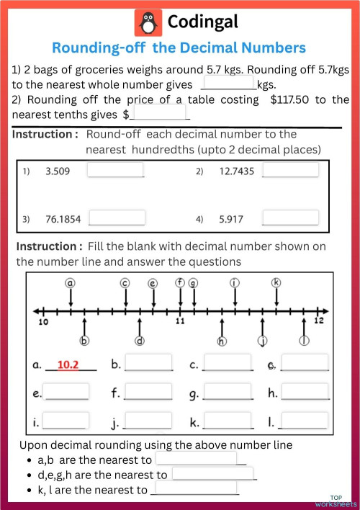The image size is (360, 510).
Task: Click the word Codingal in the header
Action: [x=202, y=23]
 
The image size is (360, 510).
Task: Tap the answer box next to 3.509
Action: [x=115, y=171]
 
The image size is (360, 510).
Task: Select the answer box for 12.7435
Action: [x=290, y=170]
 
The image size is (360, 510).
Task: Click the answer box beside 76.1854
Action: [x=117, y=218]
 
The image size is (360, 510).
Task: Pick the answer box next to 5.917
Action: [x=290, y=218]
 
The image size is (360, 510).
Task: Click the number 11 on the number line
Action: [x=181, y=321]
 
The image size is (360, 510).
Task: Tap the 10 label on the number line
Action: [x=43, y=321]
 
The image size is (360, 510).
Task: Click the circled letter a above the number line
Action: [x=71, y=283]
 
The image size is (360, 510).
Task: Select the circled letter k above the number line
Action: [x=276, y=283]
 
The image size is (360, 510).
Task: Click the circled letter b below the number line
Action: [x=84, y=341]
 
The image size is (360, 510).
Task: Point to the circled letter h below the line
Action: [x=222, y=341]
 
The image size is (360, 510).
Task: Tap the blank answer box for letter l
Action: [x=304, y=420]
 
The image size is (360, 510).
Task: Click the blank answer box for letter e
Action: [x=66, y=392]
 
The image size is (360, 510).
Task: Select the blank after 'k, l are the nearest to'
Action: [x=194, y=489]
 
